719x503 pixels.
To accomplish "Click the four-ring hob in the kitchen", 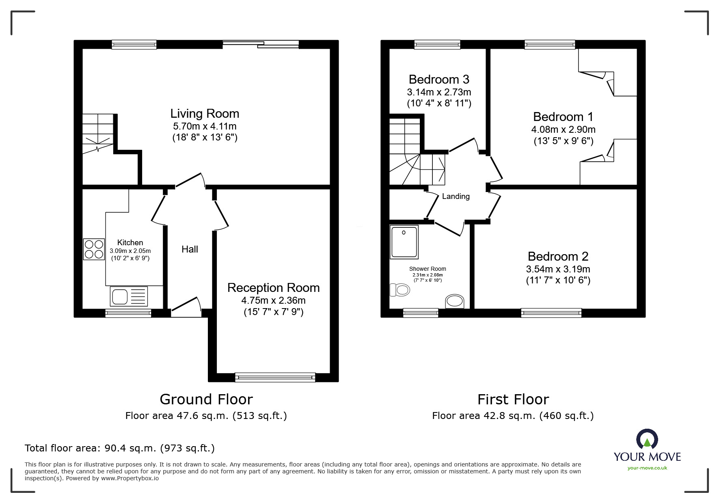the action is coord(94,249).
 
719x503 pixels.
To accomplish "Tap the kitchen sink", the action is coord(129,296).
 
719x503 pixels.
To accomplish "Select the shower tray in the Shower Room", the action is coord(404,242).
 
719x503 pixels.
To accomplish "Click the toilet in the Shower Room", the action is coord(399,290).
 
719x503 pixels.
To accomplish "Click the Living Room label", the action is coord(205,114).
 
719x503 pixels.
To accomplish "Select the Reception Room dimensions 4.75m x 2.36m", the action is coord(273,300).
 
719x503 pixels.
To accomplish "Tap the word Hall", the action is coord(190,249).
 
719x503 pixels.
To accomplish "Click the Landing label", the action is coord(456,196).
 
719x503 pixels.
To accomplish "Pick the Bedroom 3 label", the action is coord(439,79).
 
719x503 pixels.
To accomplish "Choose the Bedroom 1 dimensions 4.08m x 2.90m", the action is coord(563,130).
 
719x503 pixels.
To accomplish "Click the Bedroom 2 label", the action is coord(558,256).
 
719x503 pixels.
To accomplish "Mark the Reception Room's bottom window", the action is coord(275,377).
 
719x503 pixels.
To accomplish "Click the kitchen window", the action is coord(128,313).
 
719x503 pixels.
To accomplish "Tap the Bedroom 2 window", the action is coord(551,313).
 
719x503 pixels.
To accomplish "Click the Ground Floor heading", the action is coord(206,399).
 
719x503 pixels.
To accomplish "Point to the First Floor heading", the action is coord(513,399).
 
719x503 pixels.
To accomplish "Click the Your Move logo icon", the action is coord(647,440).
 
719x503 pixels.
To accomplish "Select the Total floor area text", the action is coord(120,448).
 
